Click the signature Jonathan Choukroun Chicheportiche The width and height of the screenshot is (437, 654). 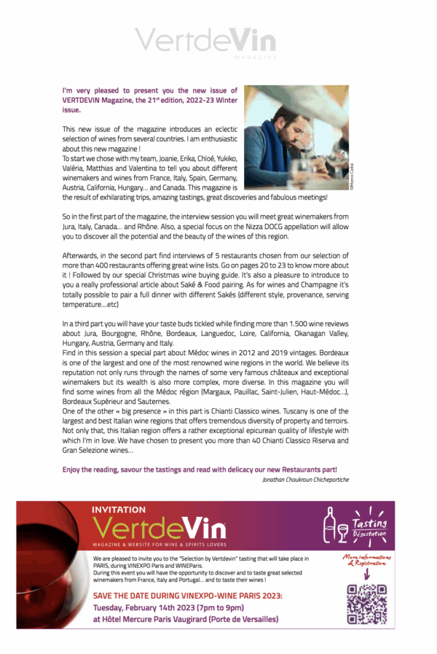click(304, 479)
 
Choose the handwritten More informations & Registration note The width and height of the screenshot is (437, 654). click(366, 560)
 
